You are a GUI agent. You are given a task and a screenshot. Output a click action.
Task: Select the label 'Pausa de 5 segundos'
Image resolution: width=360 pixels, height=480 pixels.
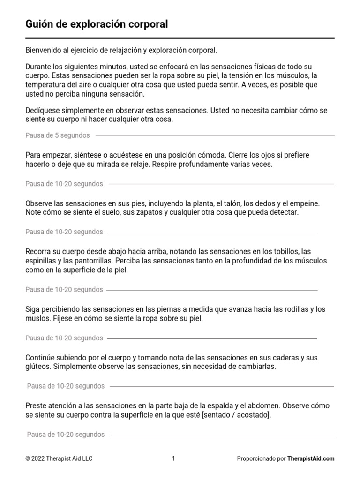tap(57, 135)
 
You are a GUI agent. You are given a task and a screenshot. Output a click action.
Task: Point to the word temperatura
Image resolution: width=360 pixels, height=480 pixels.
tap(46, 85)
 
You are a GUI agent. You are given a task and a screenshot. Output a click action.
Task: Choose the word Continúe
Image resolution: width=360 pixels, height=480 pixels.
tap(41, 358)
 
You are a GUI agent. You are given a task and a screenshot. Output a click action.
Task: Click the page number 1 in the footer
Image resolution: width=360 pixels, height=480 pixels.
tap(173, 458)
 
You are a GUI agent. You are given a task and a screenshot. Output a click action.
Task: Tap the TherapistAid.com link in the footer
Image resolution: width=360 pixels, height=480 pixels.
tap(311, 458)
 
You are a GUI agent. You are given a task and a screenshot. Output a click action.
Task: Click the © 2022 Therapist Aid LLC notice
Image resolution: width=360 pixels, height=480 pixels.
tap(59, 458)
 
